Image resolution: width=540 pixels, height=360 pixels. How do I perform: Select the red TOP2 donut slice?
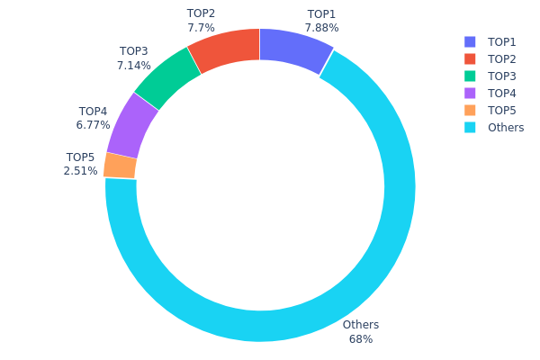point(226,49)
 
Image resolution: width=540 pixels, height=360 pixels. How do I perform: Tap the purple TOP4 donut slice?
point(132,124)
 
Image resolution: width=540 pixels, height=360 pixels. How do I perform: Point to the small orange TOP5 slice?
point(120,166)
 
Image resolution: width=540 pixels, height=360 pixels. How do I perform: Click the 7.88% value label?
point(321,28)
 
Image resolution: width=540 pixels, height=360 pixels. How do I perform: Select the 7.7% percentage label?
point(201,28)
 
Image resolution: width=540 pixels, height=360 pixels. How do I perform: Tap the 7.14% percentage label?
point(133,66)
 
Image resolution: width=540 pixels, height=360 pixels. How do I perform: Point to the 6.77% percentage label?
point(93,125)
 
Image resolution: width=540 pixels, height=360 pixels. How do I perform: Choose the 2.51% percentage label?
point(80,170)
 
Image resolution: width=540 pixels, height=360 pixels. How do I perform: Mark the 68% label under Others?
point(361,339)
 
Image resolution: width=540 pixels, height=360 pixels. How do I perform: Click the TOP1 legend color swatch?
point(470,42)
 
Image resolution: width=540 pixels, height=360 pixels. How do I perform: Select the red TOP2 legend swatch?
point(470,59)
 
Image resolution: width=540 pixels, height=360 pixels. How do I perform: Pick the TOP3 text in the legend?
point(502,76)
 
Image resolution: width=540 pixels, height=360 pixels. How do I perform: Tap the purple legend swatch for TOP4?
point(470,94)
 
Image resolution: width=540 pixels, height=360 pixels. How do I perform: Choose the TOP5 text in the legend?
point(502,111)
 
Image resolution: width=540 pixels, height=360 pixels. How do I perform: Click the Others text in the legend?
point(506,128)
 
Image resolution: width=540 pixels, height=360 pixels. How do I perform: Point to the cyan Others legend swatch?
point(470,128)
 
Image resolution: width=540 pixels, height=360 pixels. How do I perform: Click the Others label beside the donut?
point(361,325)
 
